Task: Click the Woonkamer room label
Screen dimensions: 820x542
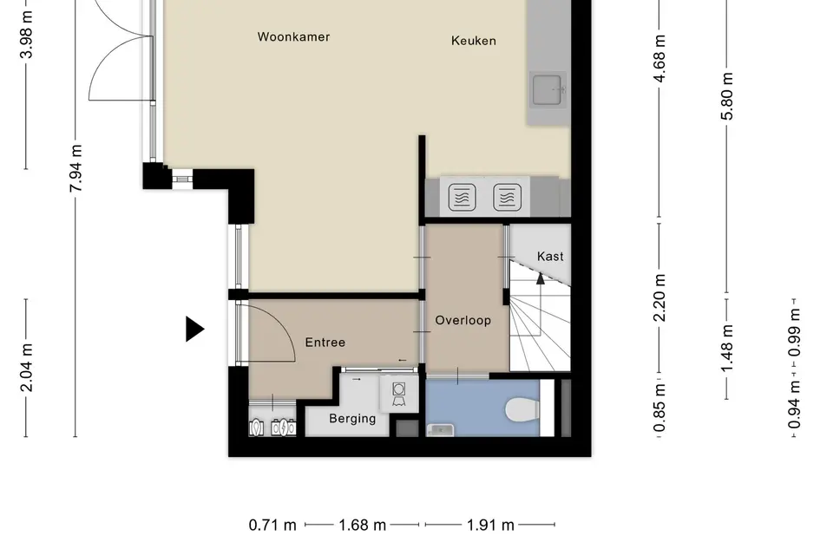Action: coord(293,36)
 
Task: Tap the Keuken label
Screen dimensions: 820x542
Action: coord(473,41)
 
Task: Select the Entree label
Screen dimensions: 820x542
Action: coord(325,343)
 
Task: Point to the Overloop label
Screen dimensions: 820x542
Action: coord(462,320)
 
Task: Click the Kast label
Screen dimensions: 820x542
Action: coord(550,256)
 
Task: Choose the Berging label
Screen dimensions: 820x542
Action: coord(352,419)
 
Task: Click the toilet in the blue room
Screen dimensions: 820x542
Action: coord(522,409)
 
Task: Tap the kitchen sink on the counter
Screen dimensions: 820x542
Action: coord(548,90)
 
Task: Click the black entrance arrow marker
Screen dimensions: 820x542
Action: coord(195,330)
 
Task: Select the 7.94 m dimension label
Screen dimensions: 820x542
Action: coord(75,168)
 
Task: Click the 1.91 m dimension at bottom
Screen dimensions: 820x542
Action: coord(490,525)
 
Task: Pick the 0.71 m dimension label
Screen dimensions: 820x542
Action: coord(272,525)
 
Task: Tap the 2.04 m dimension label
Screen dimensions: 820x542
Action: coord(26,368)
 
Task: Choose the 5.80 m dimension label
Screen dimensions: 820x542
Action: coord(727,96)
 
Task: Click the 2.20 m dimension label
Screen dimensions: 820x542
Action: coord(659,297)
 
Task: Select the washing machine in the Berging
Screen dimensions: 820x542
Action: coord(398,394)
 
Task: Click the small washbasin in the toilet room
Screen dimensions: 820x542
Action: coord(440,430)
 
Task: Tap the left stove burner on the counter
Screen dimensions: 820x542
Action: coord(462,197)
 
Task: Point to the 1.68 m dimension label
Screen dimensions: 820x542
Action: coord(362,525)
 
